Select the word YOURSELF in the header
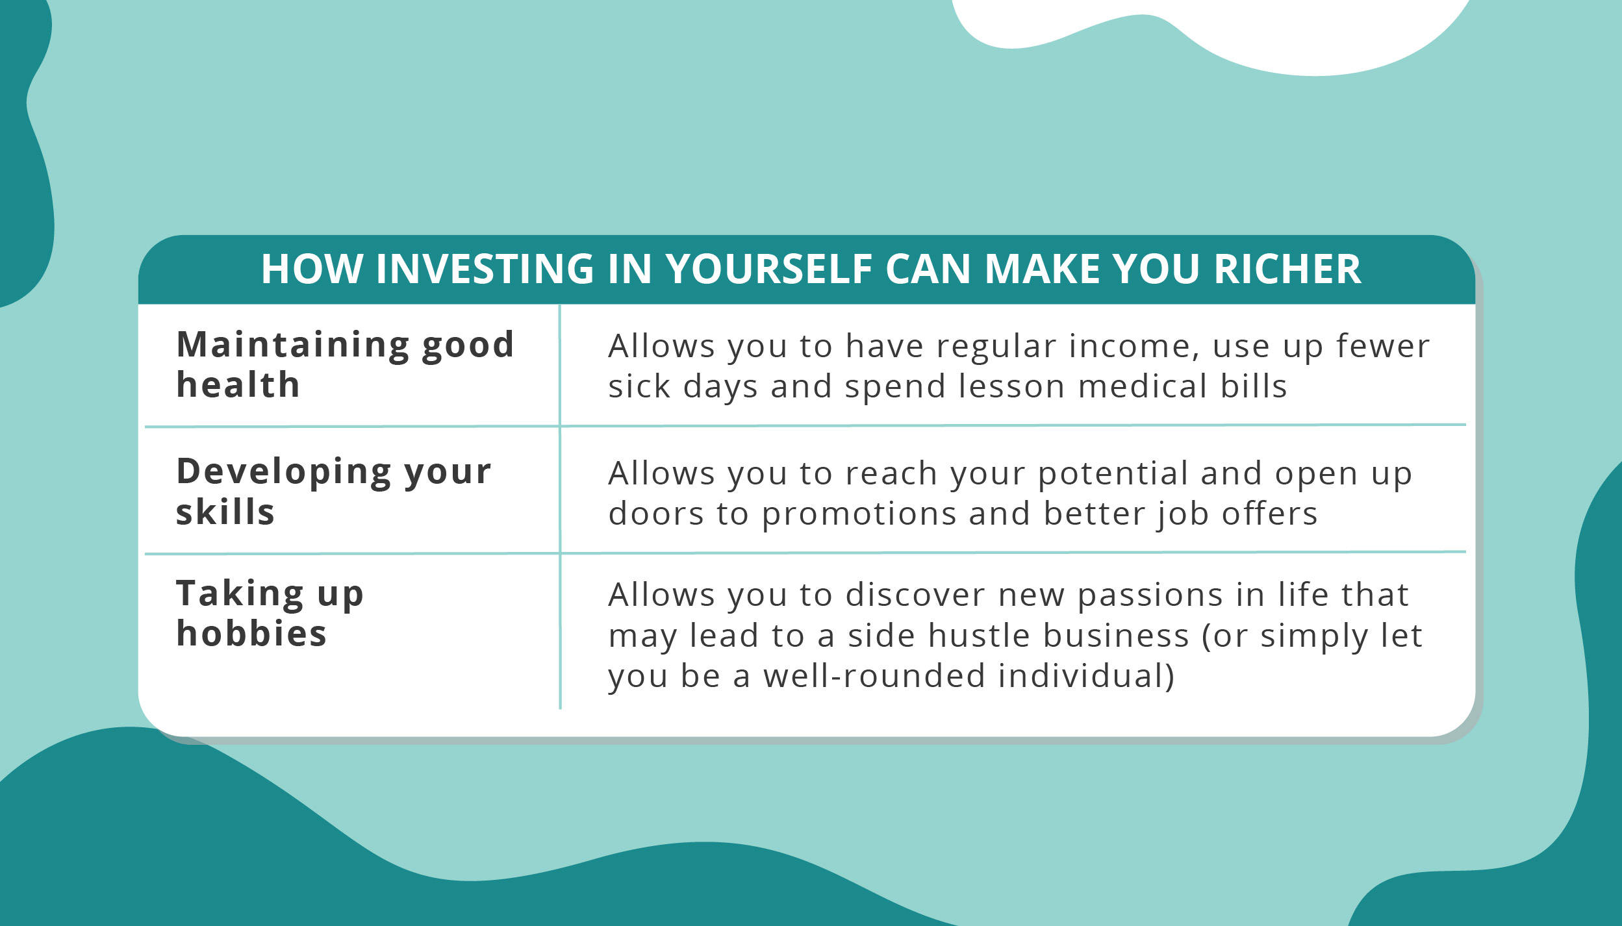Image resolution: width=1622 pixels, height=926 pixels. [x=769, y=269]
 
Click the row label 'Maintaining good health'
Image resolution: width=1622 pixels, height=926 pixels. [x=346, y=364]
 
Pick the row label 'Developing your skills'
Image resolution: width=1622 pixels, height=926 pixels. [x=334, y=491]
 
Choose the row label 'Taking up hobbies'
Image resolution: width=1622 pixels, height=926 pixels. [x=270, y=612]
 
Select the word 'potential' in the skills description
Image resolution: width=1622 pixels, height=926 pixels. [x=1113, y=474]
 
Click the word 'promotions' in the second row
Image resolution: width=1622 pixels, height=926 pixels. [x=859, y=514]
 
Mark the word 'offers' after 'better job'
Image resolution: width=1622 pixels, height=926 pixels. [x=1269, y=514]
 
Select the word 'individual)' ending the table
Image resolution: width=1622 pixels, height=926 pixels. [x=1086, y=676]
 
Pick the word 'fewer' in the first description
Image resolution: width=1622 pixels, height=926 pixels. [x=1383, y=346]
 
